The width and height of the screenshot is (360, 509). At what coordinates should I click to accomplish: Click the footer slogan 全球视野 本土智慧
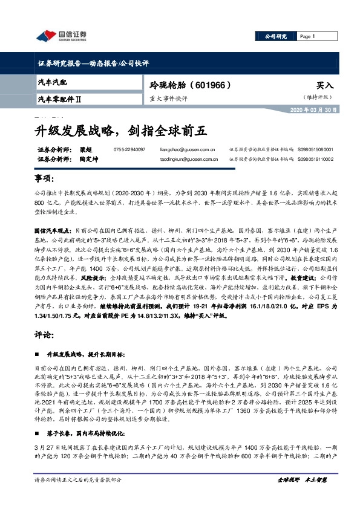tap(302, 497)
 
